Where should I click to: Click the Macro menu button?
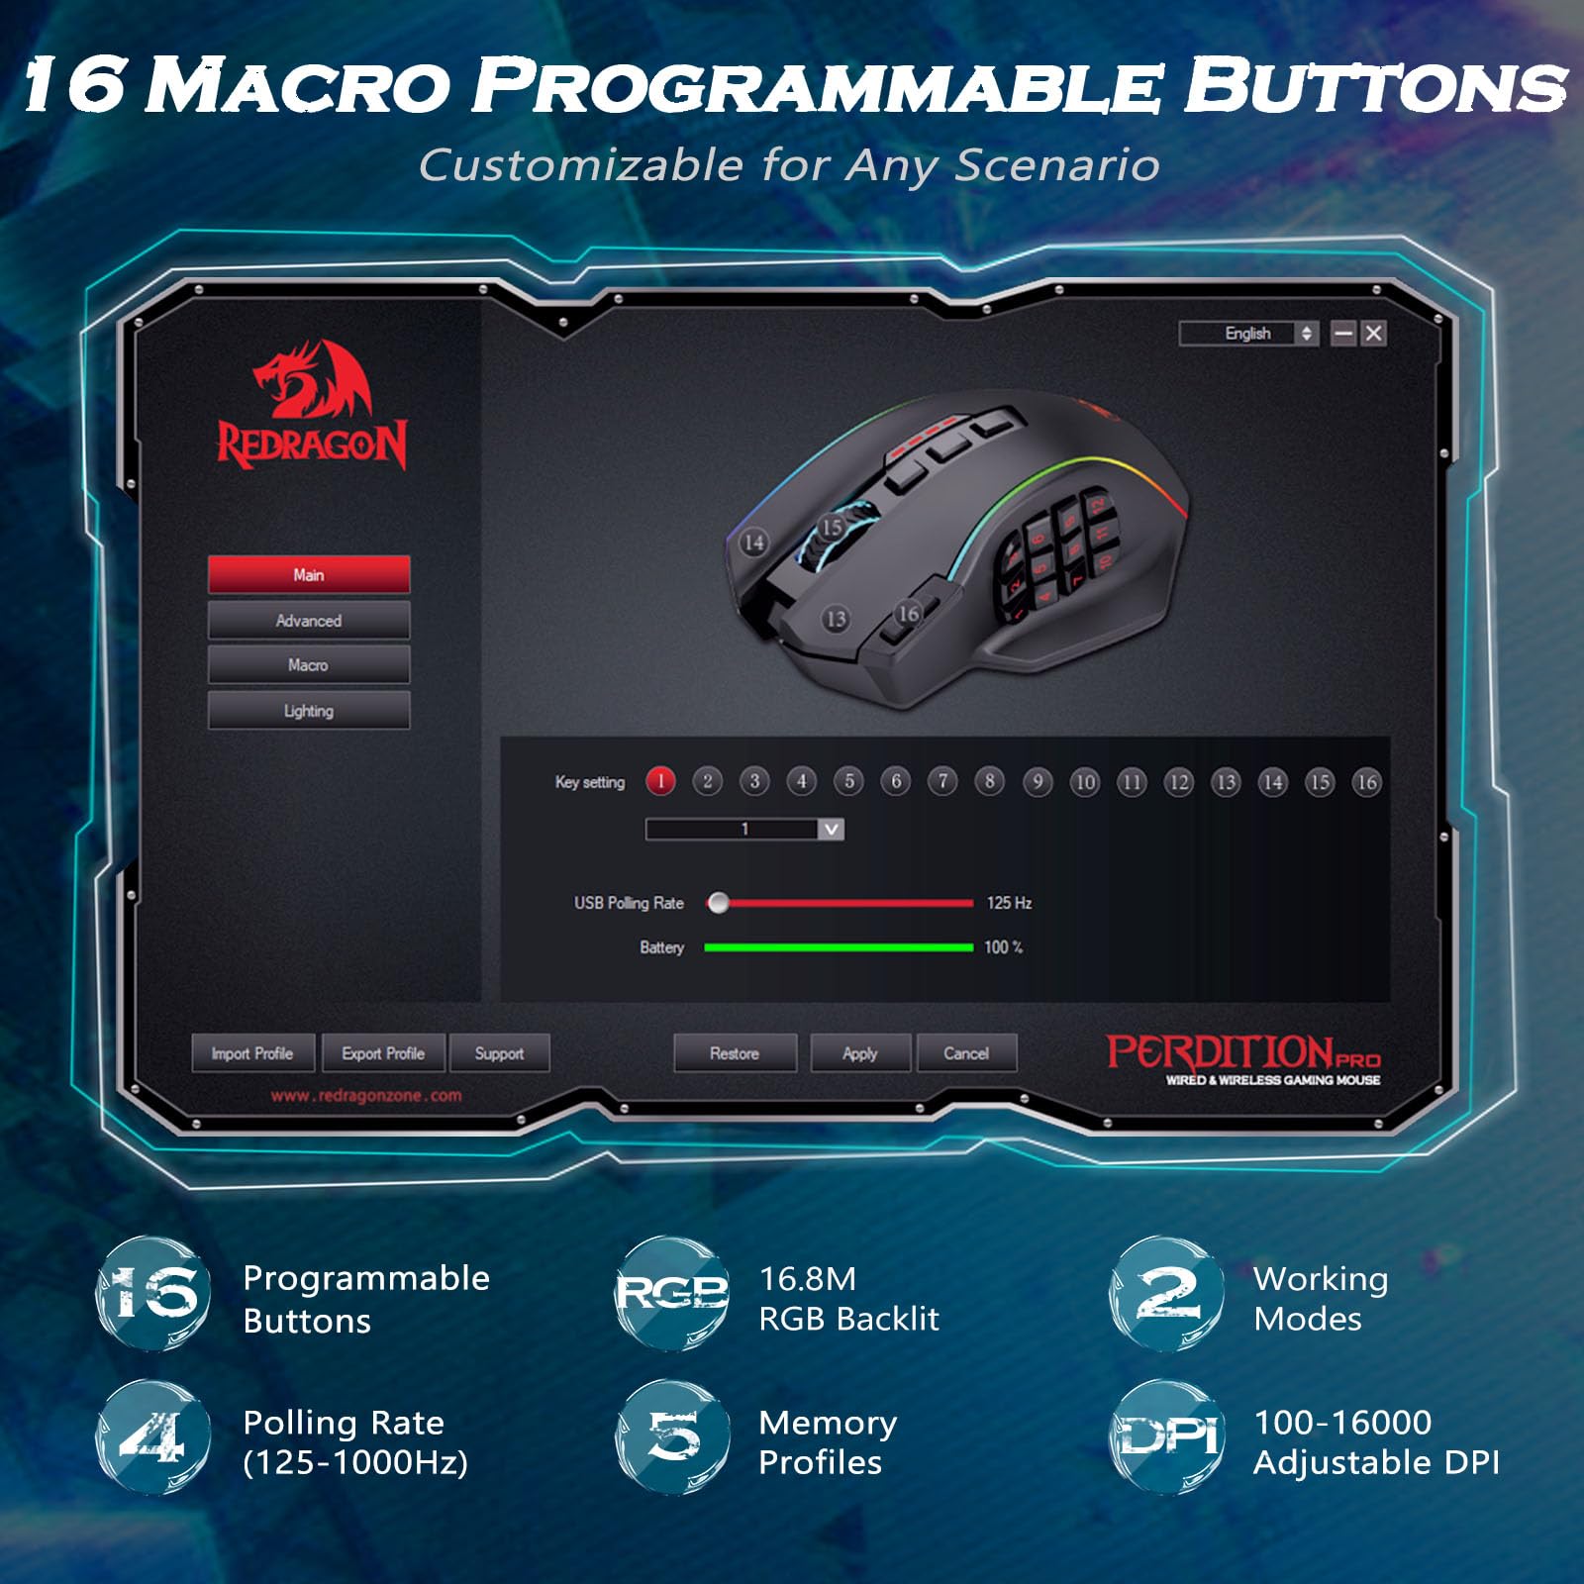click(308, 665)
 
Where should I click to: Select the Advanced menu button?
click(308, 621)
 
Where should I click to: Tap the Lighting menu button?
click(308, 711)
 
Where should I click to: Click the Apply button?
click(859, 1053)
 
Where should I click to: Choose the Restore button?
click(735, 1053)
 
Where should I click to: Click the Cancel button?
click(966, 1053)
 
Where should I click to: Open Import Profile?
click(252, 1053)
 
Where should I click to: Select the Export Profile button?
click(383, 1053)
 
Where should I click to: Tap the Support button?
click(499, 1053)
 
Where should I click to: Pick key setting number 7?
click(942, 782)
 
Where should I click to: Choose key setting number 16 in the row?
click(1366, 782)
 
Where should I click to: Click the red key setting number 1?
click(660, 782)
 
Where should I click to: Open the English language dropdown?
click(1248, 334)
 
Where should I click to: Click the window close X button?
click(1373, 334)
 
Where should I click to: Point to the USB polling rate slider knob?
click(719, 903)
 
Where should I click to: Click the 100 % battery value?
click(1003, 947)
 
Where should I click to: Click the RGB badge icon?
click(671, 1293)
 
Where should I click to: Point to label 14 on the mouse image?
click(754, 543)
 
